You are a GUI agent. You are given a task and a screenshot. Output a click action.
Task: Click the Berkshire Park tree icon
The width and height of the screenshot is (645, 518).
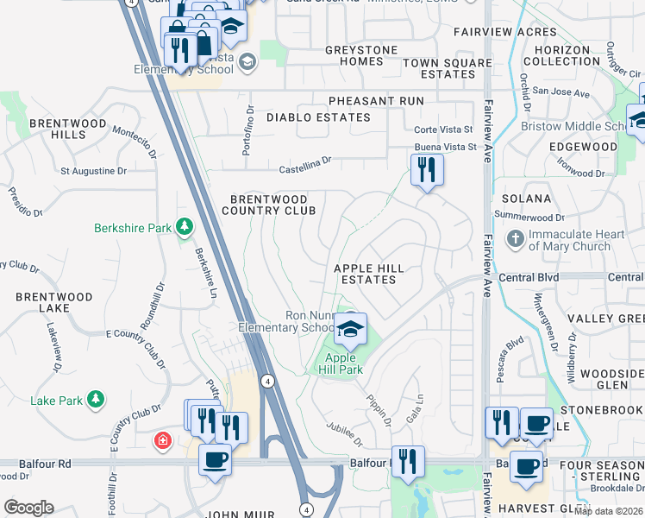coord(184,227)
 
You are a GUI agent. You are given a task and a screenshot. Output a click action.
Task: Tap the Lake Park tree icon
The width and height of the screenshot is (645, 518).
coord(97,399)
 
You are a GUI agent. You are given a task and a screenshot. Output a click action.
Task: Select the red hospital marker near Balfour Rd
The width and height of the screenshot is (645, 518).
coord(161,442)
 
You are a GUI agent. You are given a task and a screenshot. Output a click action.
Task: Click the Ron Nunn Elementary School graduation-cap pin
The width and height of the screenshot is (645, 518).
coord(350,329)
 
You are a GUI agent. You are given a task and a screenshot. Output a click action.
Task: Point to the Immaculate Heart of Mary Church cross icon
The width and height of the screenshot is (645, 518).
coord(515,238)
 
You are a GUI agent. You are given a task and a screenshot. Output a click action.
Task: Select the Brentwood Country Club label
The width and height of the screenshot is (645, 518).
coord(268,205)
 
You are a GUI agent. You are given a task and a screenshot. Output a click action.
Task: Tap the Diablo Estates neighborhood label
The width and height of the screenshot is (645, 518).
coord(318,117)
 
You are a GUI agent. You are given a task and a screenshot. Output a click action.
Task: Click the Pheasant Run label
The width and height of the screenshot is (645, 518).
coord(375,101)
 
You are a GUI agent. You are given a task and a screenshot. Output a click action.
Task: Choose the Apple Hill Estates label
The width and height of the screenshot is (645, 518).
coord(368,275)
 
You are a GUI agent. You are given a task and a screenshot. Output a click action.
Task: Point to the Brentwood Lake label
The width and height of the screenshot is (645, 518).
coord(53,302)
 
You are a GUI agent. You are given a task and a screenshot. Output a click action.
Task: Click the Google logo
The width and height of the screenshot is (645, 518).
coord(28,508)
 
